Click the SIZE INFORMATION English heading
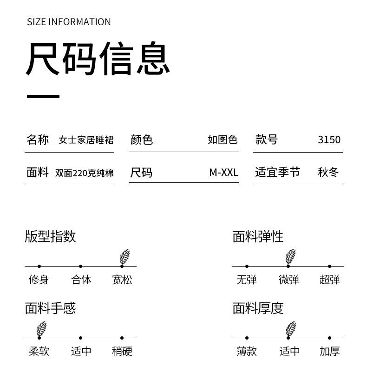click(x=69, y=22)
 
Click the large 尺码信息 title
click(x=98, y=59)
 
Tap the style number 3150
click(x=329, y=140)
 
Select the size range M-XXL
click(x=224, y=172)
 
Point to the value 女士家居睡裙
click(x=86, y=140)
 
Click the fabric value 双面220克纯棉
click(x=84, y=173)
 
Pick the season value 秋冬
click(x=328, y=172)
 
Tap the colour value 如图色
click(x=223, y=140)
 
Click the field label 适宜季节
click(x=277, y=172)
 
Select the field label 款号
click(x=267, y=139)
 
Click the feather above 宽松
click(x=125, y=257)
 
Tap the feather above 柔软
click(x=41, y=329)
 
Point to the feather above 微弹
click(x=290, y=257)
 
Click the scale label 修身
click(x=39, y=280)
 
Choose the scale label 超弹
click(x=330, y=280)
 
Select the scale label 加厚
click(x=330, y=351)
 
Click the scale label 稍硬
click(x=122, y=351)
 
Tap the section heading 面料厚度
click(x=258, y=308)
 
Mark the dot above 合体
click(x=80, y=266)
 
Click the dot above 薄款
click(x=247, y=338)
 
